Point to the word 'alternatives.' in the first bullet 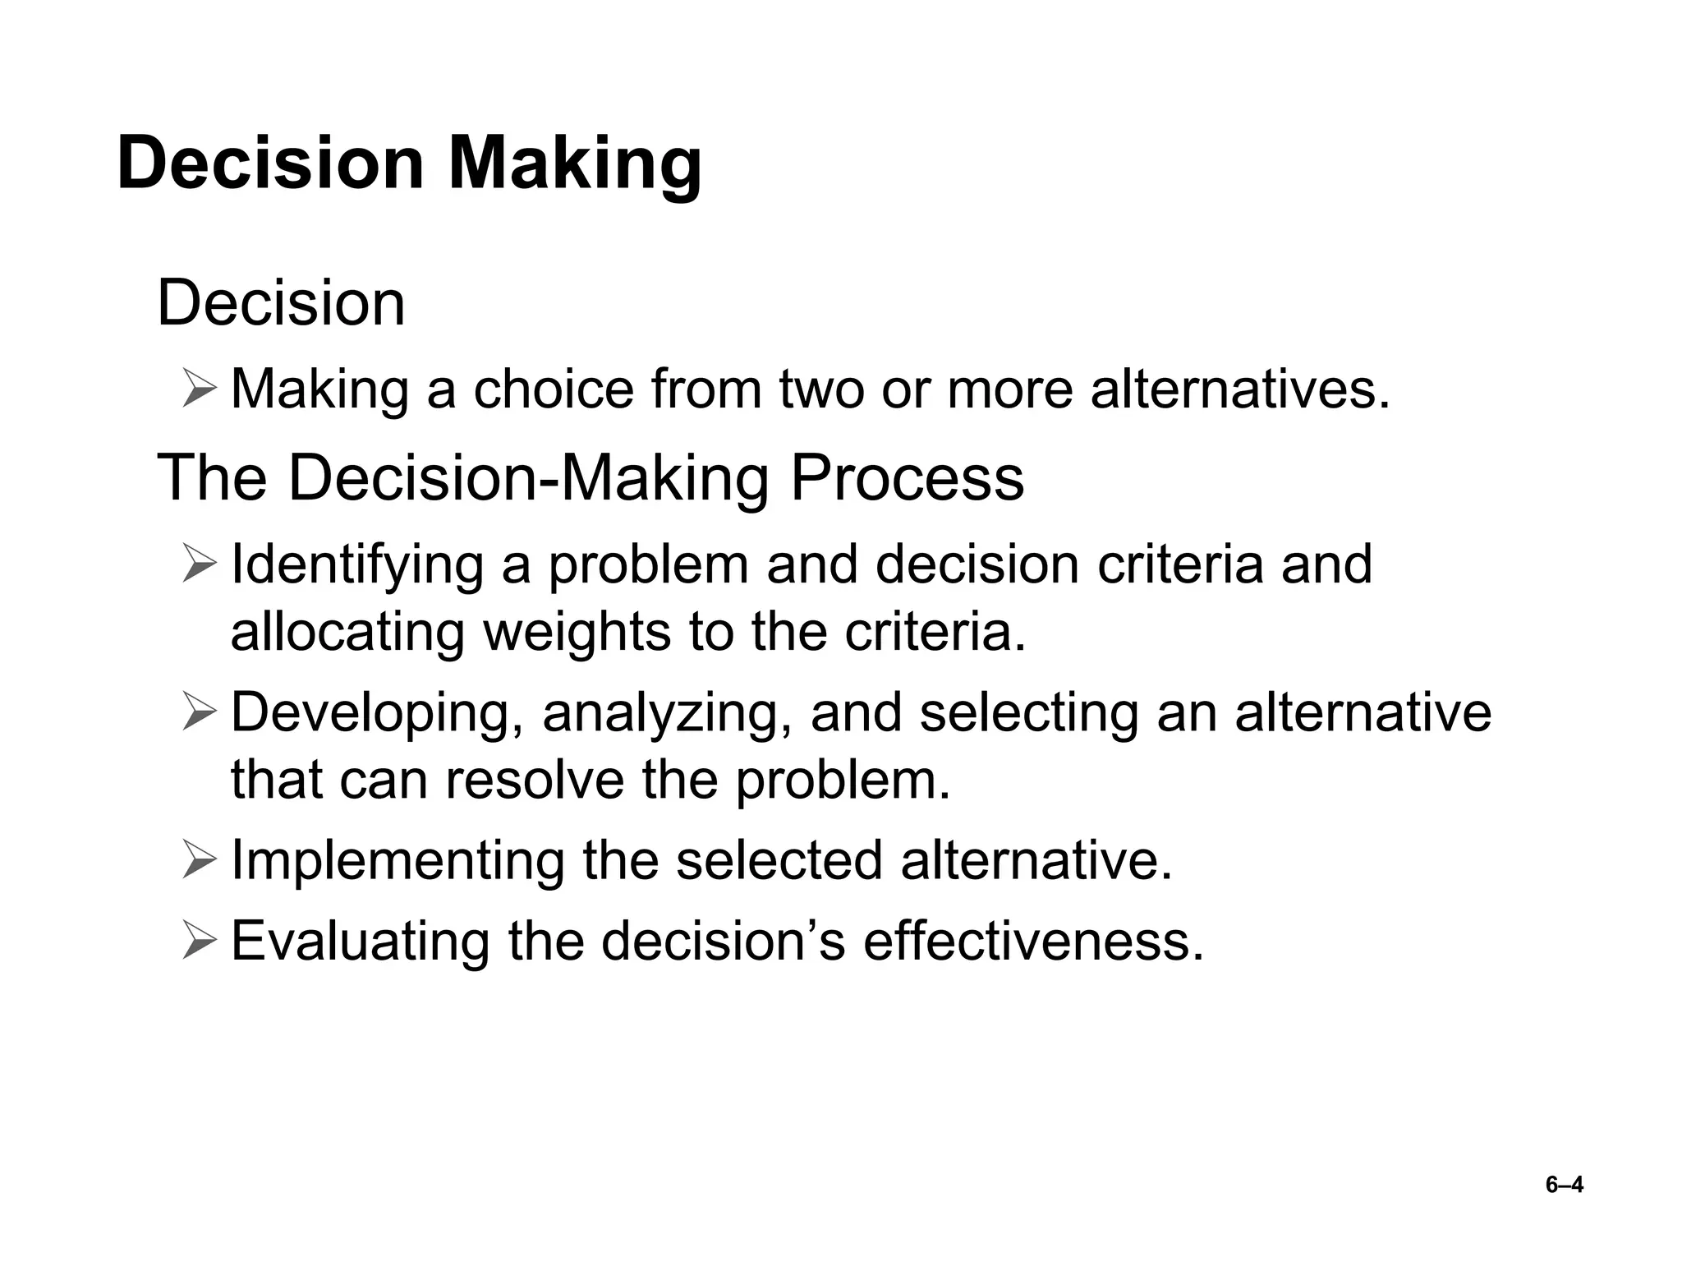pyautogui.click(x=1240, y=389)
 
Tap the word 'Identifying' pyautogui.click(x=357, y=565)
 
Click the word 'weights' pyautogui.click(x=576, y=633)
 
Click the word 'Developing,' pyautogui.click(x=378, y=712)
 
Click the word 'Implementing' pyautogui.click(x=398, y=860)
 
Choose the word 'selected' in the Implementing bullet pyautogui.click(x=779, y=860)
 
